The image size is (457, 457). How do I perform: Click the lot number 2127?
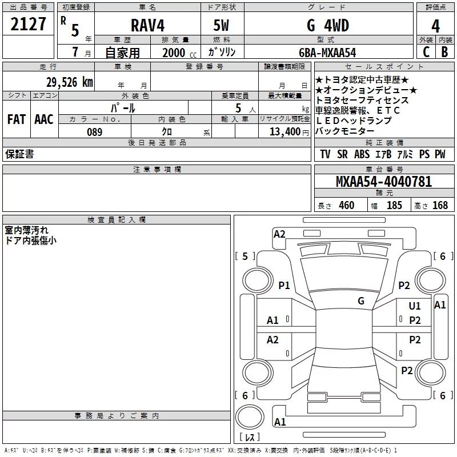tap(28, 24)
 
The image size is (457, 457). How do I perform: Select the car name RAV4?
tap(147, 25)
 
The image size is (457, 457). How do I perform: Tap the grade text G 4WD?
tap(328, 25)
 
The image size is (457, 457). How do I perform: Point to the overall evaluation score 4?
tap(435, 26)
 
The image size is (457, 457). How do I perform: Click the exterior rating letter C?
tap(426, 52)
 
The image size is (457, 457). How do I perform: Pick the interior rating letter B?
tap(444, 52)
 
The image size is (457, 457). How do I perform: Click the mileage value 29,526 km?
tap(69, 82)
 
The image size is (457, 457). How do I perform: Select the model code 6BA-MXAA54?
tap(327, 53)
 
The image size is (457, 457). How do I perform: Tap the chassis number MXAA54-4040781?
tap(384, 182)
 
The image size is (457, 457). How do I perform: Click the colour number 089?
tap(94, 132)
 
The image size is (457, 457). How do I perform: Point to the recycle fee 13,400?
tap(284, 131)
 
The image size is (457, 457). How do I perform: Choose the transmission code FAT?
tap(17, 119)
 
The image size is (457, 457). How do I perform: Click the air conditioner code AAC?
tap(44, 119)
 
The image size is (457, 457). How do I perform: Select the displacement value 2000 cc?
tap(179, 53)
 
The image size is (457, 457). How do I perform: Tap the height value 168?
tap(440, 205)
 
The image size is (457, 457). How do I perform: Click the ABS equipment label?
tap(362, 154)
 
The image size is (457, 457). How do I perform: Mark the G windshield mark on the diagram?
tap(361, 301)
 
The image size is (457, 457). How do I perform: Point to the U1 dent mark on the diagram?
tap(415, 306)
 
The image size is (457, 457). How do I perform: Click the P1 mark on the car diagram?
tap(284, 285)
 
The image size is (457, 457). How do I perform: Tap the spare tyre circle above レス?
tap(250, 417)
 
